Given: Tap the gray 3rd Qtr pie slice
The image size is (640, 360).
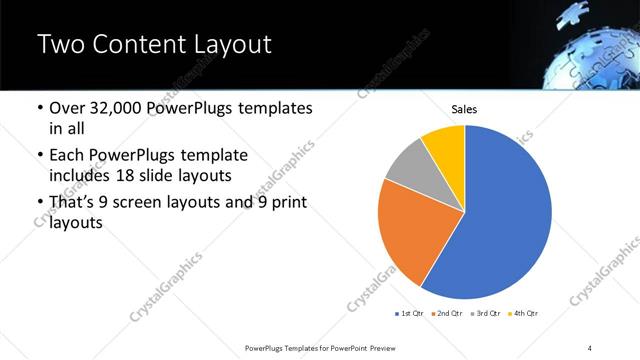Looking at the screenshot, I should (409, 167).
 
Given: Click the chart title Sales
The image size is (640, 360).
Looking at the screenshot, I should (464, 108).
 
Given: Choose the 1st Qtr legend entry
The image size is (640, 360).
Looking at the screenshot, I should (410, 314).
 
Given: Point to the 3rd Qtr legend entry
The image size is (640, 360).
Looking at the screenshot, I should (487, 314).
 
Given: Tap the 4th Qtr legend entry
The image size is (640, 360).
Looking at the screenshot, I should (526, 314).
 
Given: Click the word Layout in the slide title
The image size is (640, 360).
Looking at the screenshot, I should (224, 44).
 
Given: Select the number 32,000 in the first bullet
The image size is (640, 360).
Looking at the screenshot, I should (121, 108).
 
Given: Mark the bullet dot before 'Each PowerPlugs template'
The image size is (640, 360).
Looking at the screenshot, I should (38, 156).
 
